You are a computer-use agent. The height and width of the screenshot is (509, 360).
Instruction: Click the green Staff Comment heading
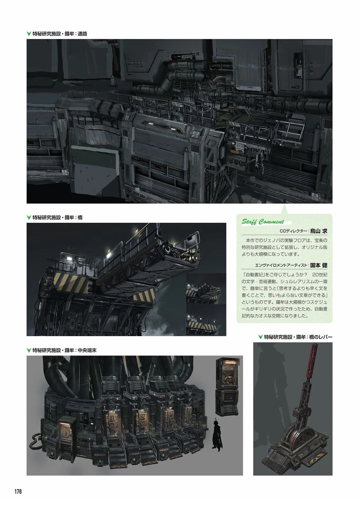pos(263,222)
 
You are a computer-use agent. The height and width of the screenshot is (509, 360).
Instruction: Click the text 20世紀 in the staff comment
pos(320,275)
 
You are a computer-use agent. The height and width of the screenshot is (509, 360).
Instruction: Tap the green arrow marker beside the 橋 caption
pos(29,217)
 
